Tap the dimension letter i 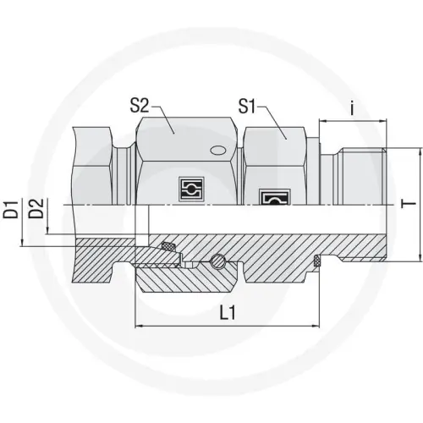[351, 107]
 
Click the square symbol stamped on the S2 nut [189, 189]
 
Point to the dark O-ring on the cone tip [168, 247]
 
